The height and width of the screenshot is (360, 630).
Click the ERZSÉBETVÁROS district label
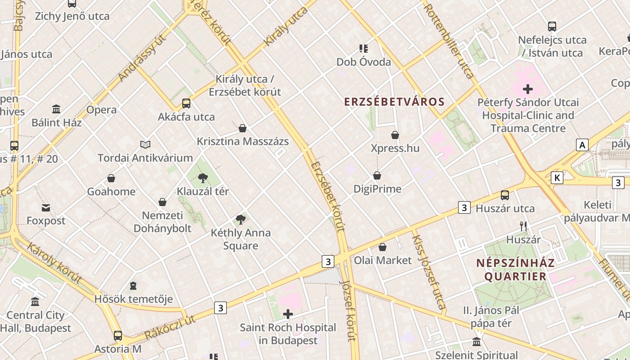[394, 102]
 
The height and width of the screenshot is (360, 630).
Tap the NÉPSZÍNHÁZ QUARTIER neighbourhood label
[515, 270]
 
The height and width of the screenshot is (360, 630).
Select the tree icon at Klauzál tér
[202, 178]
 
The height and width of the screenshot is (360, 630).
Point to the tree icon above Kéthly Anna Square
[241, 220]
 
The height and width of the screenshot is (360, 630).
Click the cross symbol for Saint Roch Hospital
[288, 314]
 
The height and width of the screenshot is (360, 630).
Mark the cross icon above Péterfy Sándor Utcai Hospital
[528, 89]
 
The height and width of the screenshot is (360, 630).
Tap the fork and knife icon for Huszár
[523, 226]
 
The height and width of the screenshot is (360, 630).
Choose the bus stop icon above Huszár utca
[505, 195]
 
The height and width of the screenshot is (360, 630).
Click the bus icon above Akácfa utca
[186, 103]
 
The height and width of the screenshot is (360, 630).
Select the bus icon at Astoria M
[118, 336]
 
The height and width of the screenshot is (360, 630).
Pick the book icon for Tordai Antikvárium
[145, 144]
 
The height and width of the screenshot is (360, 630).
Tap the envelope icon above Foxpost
[46, 207]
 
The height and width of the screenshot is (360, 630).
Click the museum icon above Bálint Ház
[56, 109]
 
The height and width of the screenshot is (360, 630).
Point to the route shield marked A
[582, 145]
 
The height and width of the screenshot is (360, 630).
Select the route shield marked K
[557, 178]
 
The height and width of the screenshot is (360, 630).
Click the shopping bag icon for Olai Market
[382, 247]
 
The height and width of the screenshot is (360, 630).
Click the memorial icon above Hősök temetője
[133, 286]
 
